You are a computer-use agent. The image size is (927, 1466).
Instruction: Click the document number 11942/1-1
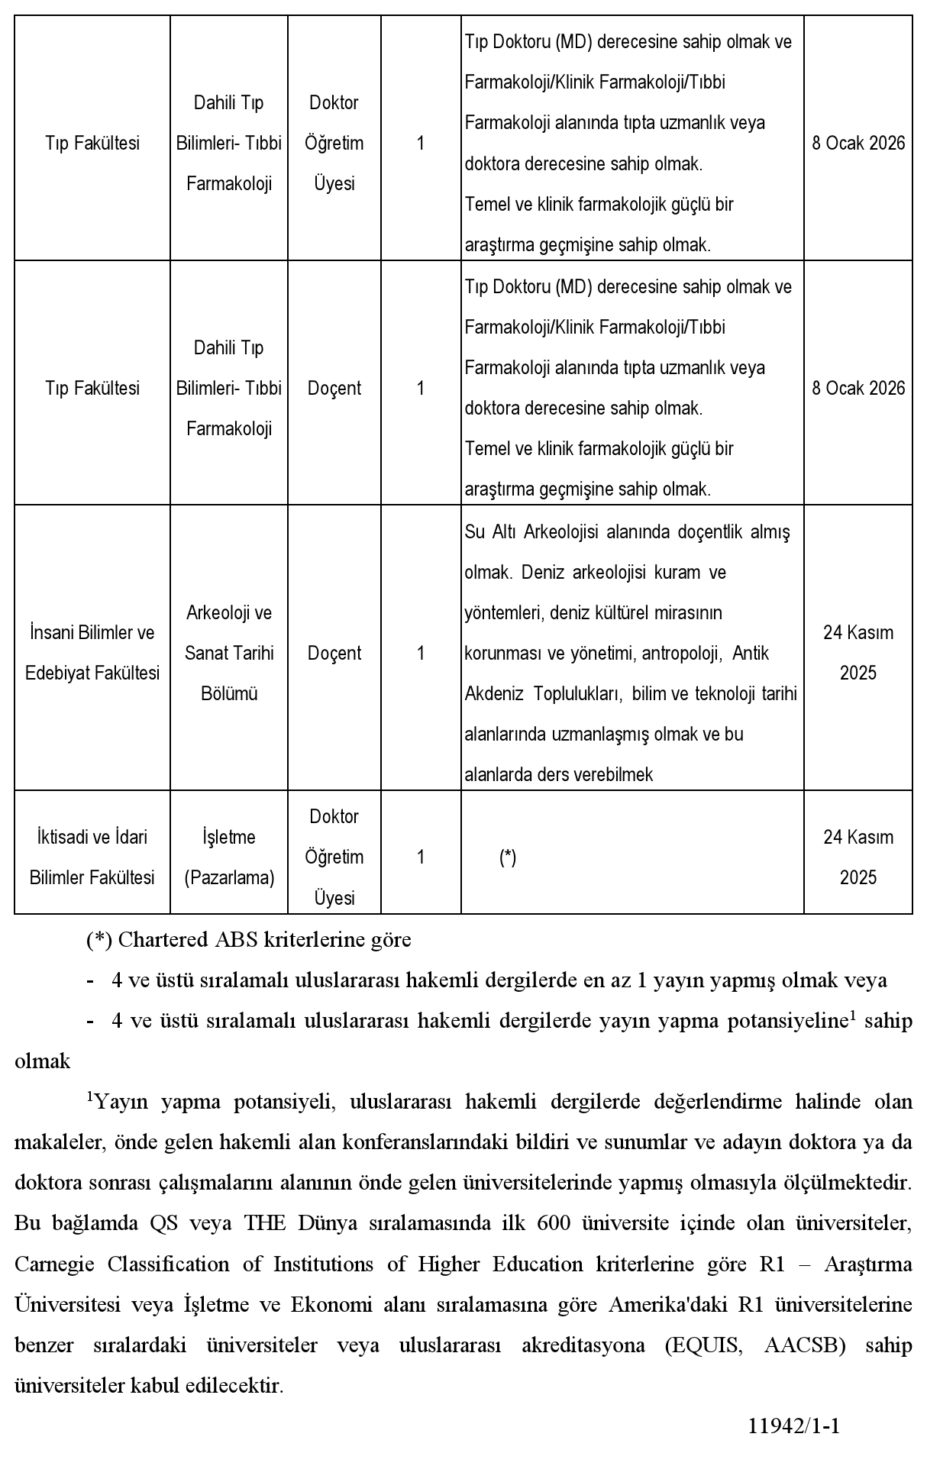794,1426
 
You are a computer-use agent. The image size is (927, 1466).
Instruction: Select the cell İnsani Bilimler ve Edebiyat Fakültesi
92,653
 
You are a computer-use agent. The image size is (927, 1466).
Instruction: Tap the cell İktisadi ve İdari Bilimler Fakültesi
92,857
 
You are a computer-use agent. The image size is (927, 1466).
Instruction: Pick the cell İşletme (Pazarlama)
229,857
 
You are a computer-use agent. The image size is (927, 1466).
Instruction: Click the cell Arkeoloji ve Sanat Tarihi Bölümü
229,653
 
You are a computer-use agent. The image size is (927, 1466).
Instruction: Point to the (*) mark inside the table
508,857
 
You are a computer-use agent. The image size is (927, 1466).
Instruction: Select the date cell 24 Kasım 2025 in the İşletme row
858,857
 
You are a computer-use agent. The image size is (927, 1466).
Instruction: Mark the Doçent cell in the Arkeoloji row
334,653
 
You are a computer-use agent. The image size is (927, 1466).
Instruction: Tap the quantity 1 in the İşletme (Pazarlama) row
421,857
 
